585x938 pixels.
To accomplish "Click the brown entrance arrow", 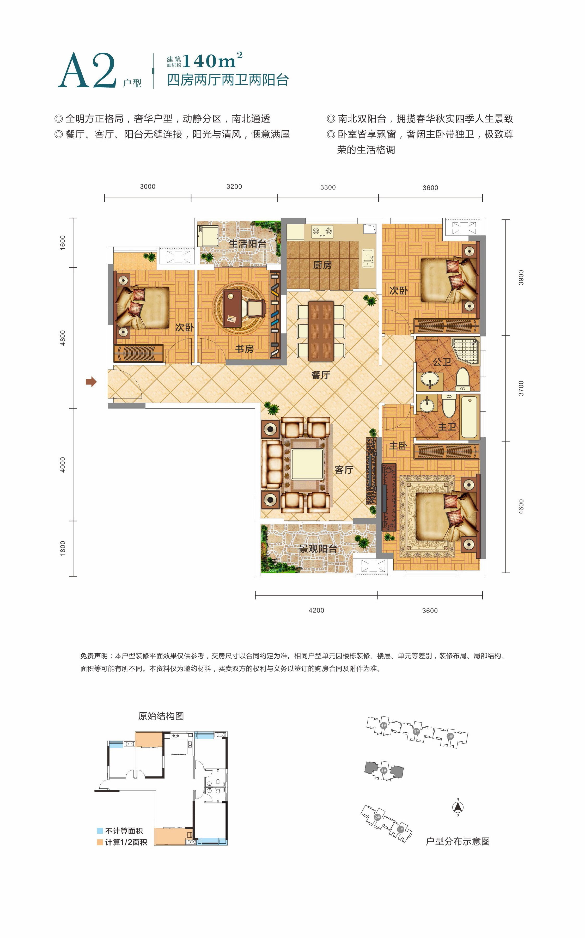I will (x=91, y=382).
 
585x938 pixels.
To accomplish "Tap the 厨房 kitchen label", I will (x=322, y=265).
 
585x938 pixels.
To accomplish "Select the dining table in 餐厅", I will (x=321, y=331).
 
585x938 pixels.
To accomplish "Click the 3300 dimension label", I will (x=328, y=187).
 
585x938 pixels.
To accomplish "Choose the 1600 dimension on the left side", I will (x=63, y=243).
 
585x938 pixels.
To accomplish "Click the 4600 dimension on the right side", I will (x=521, y=507).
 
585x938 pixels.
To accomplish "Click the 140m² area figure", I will (x=212, y=61).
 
